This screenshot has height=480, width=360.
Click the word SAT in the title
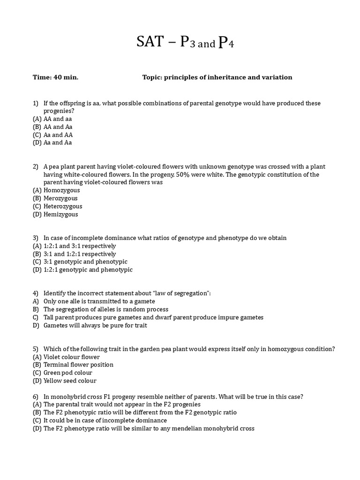[150, 43]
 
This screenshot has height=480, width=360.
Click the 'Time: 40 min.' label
[55, 77]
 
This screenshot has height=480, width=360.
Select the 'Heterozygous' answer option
[63, 206]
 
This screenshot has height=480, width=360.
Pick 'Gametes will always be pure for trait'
[95, 325]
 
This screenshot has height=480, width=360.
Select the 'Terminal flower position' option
[78, 365]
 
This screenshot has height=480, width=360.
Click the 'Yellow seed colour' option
[70, 381]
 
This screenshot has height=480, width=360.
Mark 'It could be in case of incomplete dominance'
[105, 420]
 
